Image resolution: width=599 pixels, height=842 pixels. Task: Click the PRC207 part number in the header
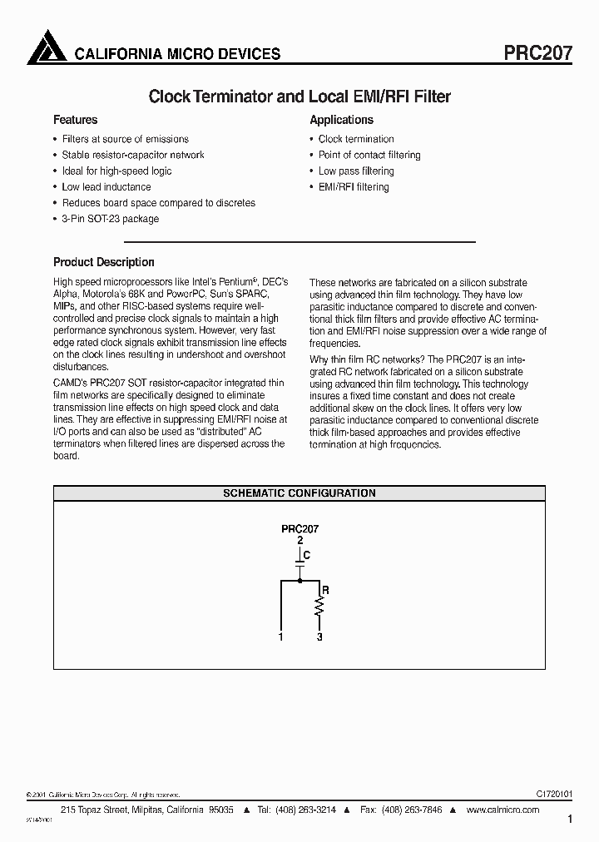click(x=538, y=53)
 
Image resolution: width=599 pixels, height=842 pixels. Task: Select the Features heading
click(x=75, y=120)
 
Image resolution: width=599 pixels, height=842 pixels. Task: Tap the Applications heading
click(x=341, y=120)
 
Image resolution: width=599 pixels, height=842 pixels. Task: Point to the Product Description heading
click(x=103, y=262)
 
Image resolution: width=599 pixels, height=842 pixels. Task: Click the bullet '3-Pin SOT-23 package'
click(x=110, y=219)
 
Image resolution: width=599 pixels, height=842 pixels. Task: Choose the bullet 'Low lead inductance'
click(x=106, y=187)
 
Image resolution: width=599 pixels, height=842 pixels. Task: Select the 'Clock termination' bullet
click(x=356, y=139)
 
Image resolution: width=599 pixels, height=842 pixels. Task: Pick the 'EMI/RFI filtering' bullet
click(x=354, y=187)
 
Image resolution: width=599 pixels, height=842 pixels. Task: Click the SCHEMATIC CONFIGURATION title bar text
click(x=299, y=493)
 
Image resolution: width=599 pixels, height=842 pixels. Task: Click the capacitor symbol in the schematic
click(x=299, y=565)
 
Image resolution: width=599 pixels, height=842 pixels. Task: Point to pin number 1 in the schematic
click(x=281, y=636)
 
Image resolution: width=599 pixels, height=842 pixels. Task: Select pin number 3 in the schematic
click(x=319, y=636)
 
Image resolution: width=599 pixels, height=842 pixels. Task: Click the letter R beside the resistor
click(x=325, y=590)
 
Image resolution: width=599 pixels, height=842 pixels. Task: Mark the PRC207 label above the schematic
click(x=299, y=528)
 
